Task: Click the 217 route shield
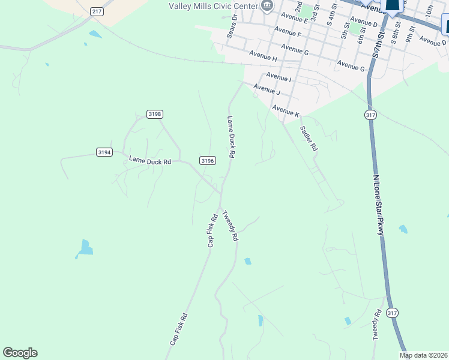97,11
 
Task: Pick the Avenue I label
278,77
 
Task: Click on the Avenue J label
267,91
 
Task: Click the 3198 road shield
155,114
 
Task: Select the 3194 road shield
104,152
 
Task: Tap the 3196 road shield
208,160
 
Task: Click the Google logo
20,353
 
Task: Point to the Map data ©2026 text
423,355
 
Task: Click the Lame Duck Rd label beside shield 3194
150,161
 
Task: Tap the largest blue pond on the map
86,248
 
